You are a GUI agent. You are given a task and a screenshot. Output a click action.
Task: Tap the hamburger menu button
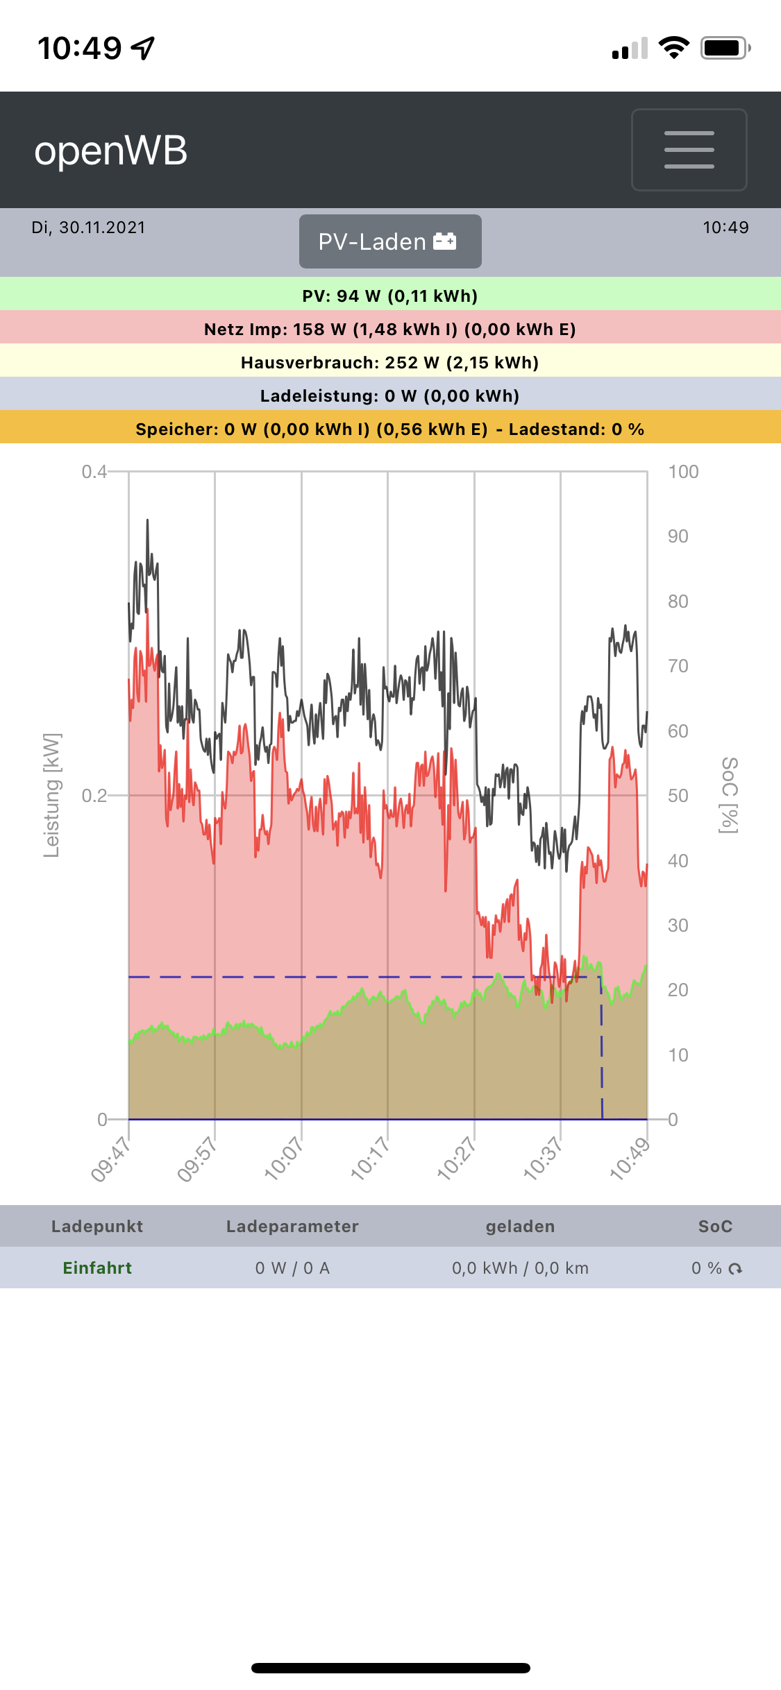[689, 149]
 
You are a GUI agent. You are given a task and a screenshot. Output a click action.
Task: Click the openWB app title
[111, 151]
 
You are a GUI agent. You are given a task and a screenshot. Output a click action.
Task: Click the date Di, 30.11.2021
[88, 228]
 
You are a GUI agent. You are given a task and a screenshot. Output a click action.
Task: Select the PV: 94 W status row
[390, 296]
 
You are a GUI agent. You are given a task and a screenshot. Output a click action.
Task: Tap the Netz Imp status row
[390, 329]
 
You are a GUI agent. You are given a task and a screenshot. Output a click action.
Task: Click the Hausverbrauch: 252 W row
[390, 362]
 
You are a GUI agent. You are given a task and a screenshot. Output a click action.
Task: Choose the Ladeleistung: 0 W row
[390, 395]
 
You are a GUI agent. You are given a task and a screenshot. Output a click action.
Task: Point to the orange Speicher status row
[390, 429]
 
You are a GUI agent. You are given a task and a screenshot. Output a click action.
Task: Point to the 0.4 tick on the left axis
[94, 472]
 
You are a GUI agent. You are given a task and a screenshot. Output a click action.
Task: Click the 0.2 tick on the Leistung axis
[94, 796]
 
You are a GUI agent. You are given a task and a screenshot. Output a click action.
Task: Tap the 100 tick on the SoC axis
[683, 472]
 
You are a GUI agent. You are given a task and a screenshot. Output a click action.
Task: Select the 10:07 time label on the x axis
[284, 1159]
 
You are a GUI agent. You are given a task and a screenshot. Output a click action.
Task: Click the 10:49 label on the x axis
[630, 1159]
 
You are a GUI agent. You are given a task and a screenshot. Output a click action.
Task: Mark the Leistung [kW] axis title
[52, 795]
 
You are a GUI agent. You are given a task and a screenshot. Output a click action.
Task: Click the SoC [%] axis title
[729, 795]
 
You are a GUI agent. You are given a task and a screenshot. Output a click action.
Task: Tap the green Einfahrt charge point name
[97, 1268]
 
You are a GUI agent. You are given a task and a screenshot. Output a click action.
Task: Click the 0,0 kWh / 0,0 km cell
[520, 1268]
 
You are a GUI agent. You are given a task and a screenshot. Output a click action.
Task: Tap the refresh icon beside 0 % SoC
[736, 1269]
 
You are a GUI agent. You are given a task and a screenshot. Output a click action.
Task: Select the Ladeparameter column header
[292, 1227]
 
